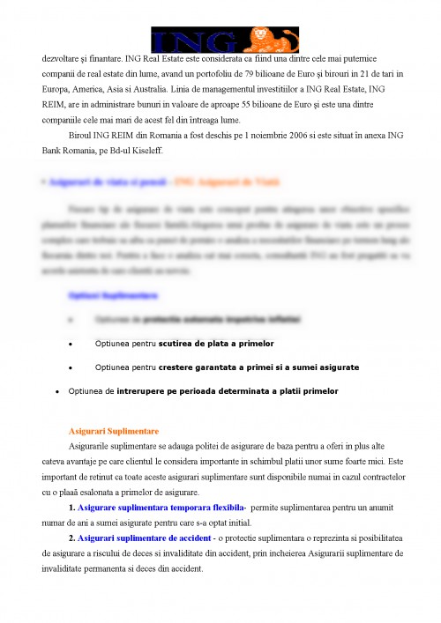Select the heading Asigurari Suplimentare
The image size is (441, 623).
(113, 431)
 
